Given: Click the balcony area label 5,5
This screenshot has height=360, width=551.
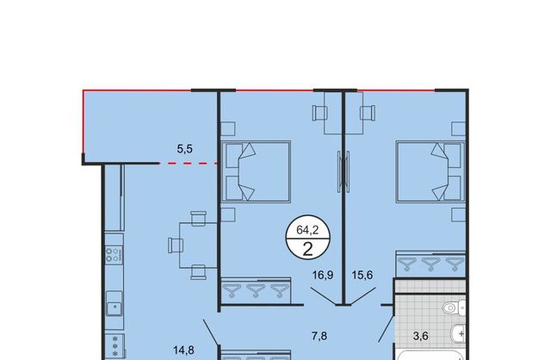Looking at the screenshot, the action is coord(184,149).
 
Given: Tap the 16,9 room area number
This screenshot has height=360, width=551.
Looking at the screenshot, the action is coord(323,275).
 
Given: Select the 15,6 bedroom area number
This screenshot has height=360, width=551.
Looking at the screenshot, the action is coord(362,275).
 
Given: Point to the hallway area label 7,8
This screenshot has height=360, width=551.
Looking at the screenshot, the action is coord(319,336).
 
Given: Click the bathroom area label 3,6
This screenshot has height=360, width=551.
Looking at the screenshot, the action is coord(421,336).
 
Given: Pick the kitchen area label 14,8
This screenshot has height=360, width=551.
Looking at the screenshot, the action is coord(183,350).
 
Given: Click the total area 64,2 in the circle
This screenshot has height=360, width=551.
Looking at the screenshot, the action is coord(307,230).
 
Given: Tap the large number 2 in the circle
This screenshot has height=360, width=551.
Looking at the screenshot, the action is coord(307,249).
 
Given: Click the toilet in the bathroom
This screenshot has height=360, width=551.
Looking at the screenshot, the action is coord(454,308).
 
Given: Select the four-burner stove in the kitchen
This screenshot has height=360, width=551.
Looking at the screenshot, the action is coord(115,255).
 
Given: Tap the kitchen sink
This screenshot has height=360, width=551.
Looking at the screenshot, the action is coord(115,303).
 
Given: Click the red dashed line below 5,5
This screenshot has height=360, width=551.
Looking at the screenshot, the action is coord(188,164).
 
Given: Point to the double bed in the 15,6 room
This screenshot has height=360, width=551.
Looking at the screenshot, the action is coord(430,171).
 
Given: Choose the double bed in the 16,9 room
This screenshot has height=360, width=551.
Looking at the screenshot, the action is coord(256,171).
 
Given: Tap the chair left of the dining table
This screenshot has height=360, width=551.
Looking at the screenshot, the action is coord(176,245).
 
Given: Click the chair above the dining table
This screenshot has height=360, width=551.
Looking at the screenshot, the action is coord(199,218).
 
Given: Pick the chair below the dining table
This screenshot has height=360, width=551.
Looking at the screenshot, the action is coord(199,272).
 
